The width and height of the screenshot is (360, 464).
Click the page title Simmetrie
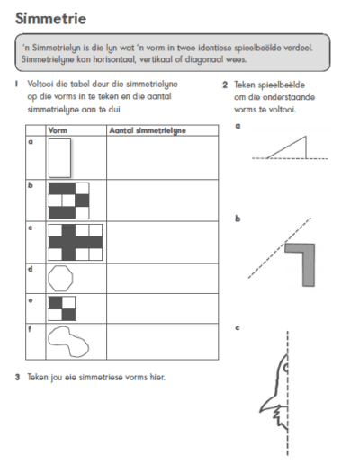pyautogui.click(x=50, y=19)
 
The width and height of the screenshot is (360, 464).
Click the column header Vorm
pyautogui.click(x=58, y=130)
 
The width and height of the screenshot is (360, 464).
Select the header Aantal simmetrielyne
pyautogui.click(x=148, y=130)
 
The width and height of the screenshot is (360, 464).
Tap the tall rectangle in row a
pyautogui.click(x=59, y=158)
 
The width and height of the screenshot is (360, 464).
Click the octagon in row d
pyautogui.click(x=60, y=279)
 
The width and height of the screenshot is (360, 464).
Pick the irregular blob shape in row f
pyautogui.click(x=68, y=342)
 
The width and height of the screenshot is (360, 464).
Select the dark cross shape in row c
pyautogui.click(x=76, y=243)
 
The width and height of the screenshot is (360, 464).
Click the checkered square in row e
pyautogui.click(x=62, y=308)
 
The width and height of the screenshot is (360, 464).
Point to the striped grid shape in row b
pyautogui.click(x=68, y=201)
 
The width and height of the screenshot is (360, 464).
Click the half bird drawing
pyautogui.click(x=274, y=393)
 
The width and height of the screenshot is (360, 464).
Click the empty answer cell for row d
pyautogui.click(x=162, y=279)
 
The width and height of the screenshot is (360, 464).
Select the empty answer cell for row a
pyautogui.click(x=162, y=158)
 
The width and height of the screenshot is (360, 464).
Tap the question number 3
pyautogui.click(x=17, y=377)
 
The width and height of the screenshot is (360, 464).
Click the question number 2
pyautogui.click(x=225, y=85)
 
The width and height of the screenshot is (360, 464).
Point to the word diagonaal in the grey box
pyautogui.click(x=203, y=59)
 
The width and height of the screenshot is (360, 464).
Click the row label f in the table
pyautogui.click(x=30, y=329)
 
